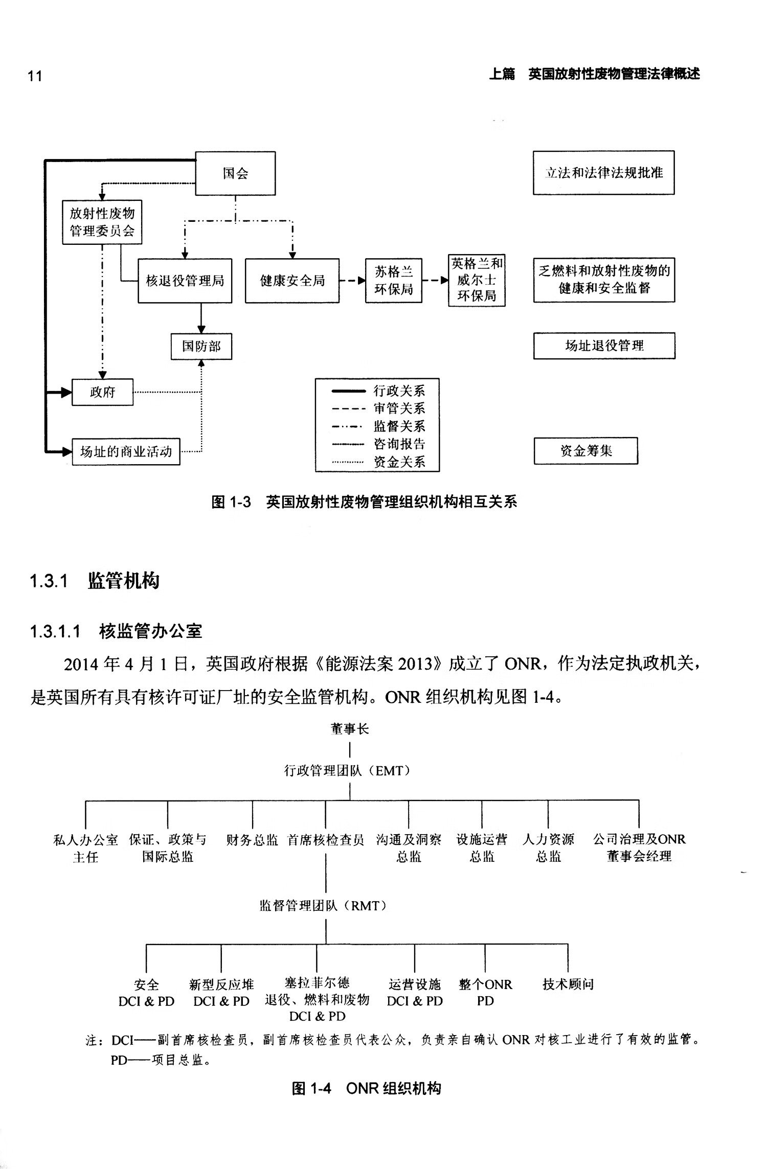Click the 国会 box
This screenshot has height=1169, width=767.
235,173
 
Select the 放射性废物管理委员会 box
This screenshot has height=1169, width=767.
102,222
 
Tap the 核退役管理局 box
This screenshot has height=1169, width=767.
185,281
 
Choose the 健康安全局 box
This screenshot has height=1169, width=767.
292,281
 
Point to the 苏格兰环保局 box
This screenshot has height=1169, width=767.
393,281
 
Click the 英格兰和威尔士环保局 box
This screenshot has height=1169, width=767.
477,280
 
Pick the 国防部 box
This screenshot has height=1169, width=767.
201,347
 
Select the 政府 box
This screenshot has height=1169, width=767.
102,392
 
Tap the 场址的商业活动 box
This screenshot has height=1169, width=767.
126,452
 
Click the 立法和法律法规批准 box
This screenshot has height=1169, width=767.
603,173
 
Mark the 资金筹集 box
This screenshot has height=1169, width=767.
585,451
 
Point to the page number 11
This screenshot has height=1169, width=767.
35,76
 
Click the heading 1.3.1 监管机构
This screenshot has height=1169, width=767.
95,581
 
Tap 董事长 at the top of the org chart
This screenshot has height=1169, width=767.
350,729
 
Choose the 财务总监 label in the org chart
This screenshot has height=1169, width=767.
252,840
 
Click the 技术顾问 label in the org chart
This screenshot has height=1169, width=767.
568,984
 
